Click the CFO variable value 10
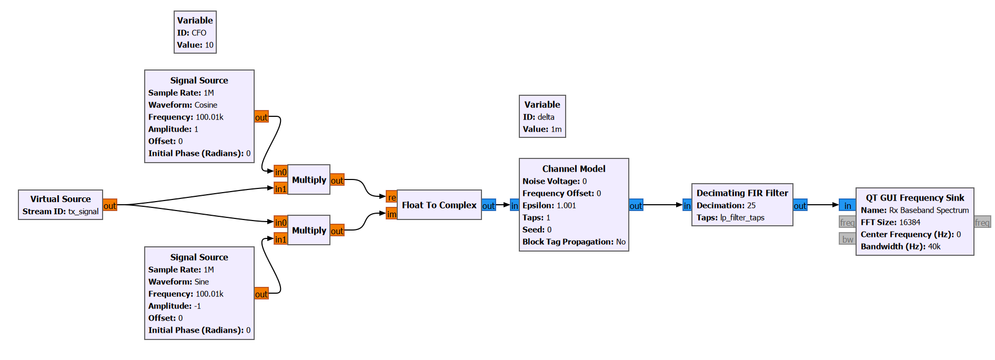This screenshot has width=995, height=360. [x=209, y=45]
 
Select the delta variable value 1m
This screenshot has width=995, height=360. [x=556, y=129]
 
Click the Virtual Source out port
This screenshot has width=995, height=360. [x=110, y=205]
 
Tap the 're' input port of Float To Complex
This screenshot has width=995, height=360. [x=391, y=197]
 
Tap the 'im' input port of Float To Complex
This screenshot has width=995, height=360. [x=391, y=214]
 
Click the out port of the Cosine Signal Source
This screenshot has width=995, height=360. [x=262, y=117]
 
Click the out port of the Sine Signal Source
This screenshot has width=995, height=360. [x=262, y=294]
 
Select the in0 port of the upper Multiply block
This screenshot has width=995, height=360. [x=280, y=172]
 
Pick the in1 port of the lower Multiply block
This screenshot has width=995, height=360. [x=280, y=239]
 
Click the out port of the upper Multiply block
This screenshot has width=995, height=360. [x=337, y=180]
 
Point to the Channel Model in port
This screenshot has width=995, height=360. [x=515, y=205]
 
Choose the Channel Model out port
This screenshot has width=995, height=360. [x=636, y=205]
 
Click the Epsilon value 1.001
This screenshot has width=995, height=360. [x=566, y=205]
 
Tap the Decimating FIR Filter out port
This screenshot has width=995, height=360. [x=800, y=205]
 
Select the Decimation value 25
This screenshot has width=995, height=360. [x=751, y=205]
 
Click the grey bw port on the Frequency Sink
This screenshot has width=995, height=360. [x=847, y=239]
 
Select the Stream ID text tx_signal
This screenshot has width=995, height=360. [x=83, y=211]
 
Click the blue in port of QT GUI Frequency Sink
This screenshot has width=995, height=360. [x=847, y=205]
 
